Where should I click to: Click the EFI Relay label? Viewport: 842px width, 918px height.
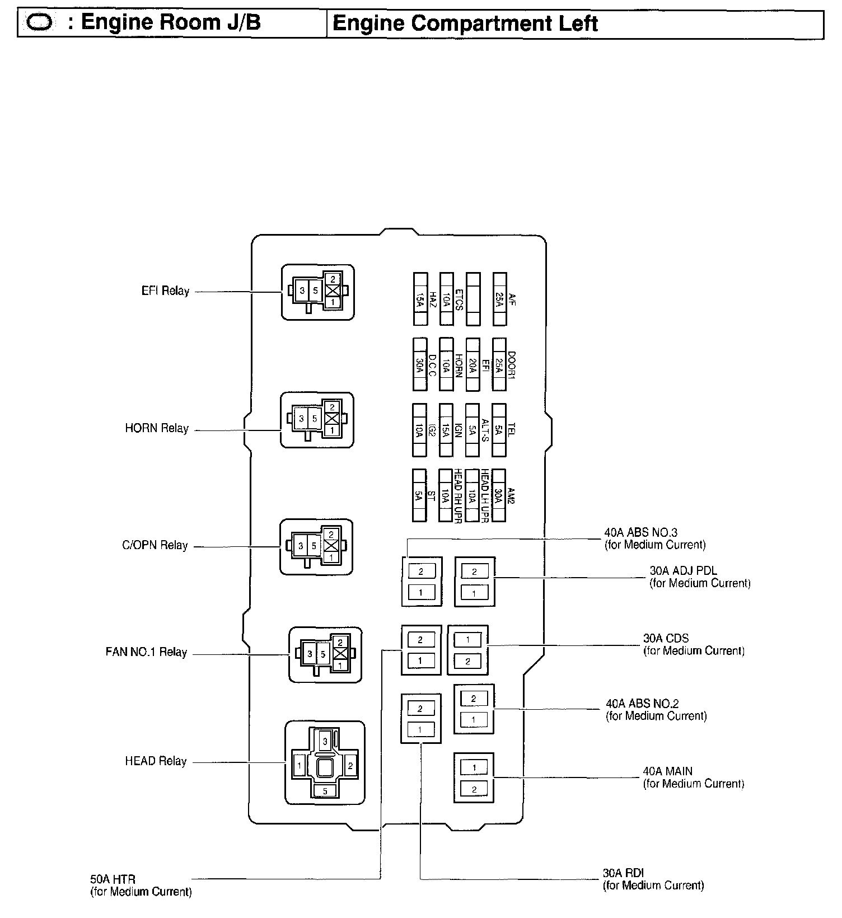(x=165, y=291)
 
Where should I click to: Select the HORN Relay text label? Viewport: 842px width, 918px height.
(x=157, y=429)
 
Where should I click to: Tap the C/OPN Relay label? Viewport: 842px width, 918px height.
(x=155, y=545)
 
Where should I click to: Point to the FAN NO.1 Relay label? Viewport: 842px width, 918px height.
(x=146, y=652)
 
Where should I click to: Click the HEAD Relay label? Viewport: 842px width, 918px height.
(x=156, y=761)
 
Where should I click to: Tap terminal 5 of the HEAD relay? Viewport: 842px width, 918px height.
(x=325, y=791)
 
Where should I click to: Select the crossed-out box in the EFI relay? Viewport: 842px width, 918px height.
(x=333, y=291)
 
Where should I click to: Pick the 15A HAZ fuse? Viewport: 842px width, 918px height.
(x=420, y=299)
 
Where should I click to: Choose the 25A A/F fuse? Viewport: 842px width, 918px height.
(x=499, y=299)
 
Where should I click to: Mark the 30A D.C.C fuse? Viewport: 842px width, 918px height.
(x=419, y=364)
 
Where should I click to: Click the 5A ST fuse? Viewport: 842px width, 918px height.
(x=419, y=495)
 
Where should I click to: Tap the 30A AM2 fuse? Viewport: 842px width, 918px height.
(x=499, y=495)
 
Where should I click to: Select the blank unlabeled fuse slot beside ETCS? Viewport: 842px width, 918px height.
(x=473, y=299)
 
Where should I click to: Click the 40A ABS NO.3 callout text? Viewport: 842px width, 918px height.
(x=654, y=538)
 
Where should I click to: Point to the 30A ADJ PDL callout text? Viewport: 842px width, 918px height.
(x=699, y=577)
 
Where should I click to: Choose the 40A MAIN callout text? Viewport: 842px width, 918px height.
(x=693, y=778)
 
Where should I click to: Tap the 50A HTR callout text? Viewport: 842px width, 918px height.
(x=141, y=886)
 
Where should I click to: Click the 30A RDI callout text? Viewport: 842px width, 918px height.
(x=653, y=879)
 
